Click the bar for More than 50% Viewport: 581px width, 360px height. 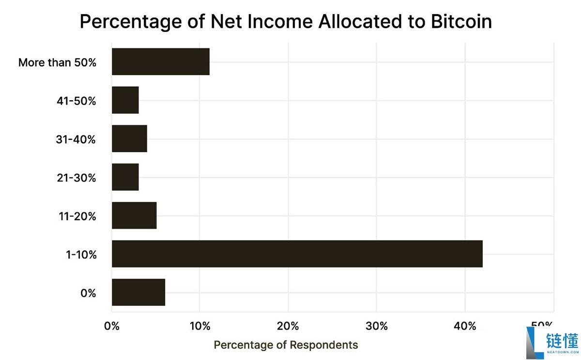point(160,61)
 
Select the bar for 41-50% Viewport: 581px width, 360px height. point(125,100)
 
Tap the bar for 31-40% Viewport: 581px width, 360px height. point(129,138)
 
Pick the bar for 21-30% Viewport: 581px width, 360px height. point(125,177)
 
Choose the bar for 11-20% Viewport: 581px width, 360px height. point(134,215)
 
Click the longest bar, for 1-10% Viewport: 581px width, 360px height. point(297,254)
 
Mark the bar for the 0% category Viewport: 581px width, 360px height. point(138,292)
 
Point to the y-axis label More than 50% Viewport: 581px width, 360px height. point(57,62)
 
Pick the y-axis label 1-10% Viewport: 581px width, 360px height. point(80,255)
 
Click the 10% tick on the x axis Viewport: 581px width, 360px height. point(199,326)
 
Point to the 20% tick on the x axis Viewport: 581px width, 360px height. point(288,326)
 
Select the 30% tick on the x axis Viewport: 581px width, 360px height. point(377,326)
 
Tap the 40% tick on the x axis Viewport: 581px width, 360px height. point(465,326)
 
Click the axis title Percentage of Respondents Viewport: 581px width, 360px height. point(286,345)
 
